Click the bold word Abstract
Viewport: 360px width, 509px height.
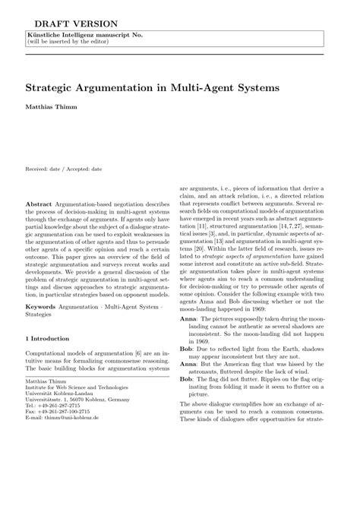tap(39, 205)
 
